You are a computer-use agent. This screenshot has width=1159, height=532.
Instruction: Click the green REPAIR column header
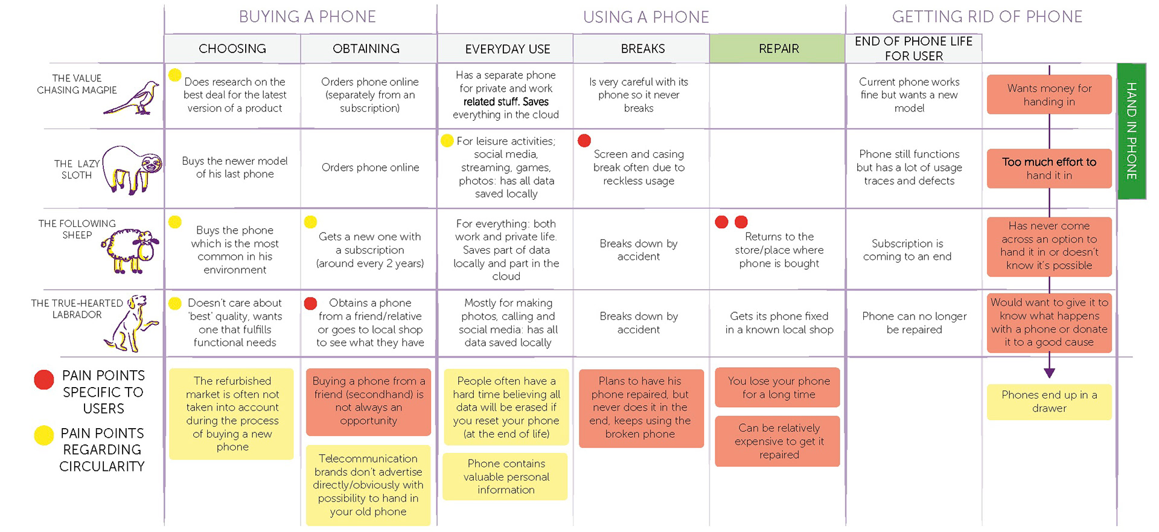tap(777, 48)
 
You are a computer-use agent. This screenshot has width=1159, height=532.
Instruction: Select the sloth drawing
tap(132, 169)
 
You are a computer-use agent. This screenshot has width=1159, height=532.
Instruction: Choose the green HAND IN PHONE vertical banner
tap(1131, 131)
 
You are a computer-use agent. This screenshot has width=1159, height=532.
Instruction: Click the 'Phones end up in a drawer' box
tap(1049, 402)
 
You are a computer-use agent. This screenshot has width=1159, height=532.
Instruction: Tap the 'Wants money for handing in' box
tap(1049, 95)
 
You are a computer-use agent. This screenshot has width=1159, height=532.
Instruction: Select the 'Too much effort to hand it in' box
tap(1049, 168)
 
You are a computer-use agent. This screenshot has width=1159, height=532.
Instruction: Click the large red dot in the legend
tap(44, 380)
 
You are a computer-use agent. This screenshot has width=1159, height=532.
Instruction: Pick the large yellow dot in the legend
tap(44, 435)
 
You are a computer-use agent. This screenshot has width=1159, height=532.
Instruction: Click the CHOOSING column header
tap(232, 48)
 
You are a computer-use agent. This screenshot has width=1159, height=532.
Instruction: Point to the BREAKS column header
tap(642, 48)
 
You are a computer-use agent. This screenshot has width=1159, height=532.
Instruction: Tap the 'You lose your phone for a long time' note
tap(777, 388)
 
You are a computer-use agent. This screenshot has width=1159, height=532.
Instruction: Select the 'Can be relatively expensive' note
tap(777, 441)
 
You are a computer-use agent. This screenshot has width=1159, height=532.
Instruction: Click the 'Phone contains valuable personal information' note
tap(506, 476)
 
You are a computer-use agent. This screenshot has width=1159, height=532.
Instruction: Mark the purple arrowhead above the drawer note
tap(1049, 373)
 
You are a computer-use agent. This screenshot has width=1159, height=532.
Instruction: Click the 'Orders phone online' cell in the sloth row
tap(370, 167)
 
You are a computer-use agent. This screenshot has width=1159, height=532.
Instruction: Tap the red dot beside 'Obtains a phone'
tap(311, 303)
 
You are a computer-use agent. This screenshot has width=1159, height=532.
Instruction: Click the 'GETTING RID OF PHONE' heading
tap(987, 17)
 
